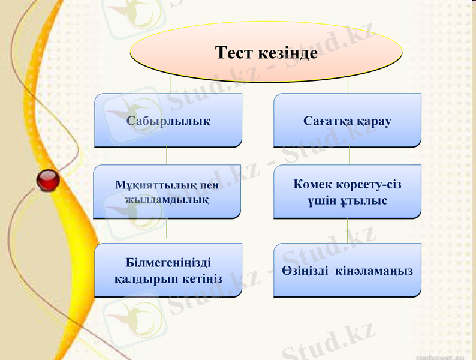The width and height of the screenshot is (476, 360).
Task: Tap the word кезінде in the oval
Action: (x=287, y=53)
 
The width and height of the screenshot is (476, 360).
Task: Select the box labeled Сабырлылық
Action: (x=168, y=121)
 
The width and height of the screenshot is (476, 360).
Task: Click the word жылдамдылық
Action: (x=166, y=199)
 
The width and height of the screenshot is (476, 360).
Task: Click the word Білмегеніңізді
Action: (x=168, y=263)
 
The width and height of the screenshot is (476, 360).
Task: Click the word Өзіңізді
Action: (x=305, y=271)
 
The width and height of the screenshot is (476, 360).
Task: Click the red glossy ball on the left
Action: (x=48, y=181)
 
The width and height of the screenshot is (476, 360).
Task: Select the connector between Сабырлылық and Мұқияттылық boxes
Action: (x=167, y=156)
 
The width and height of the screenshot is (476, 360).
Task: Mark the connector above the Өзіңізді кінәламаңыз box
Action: (x=348, y=231)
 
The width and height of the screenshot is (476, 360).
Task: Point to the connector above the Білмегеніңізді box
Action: (x=167, y=231)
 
